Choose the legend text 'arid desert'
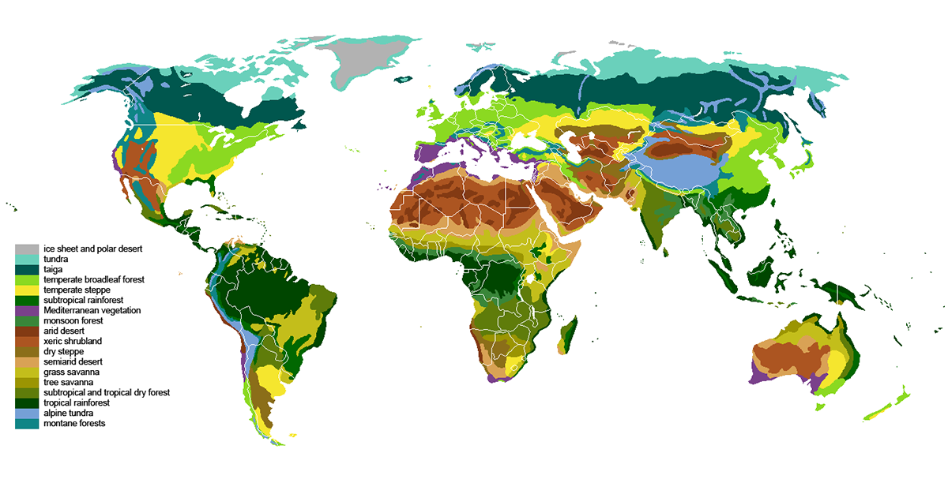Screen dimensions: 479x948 point(64,331)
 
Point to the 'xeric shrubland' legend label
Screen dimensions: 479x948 point(71,341)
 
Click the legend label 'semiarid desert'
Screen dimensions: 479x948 point(73,361)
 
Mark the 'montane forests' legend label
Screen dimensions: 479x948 point(74,423)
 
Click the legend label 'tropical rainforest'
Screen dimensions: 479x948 point(79,402)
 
